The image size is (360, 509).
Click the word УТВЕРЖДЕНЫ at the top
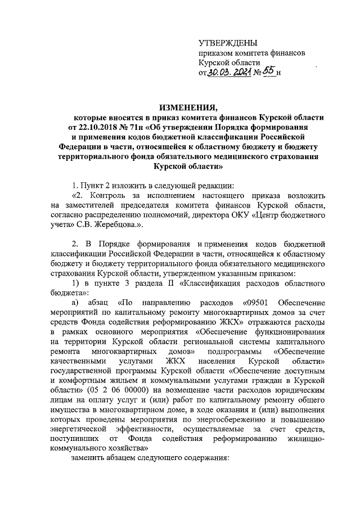[229, 43]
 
